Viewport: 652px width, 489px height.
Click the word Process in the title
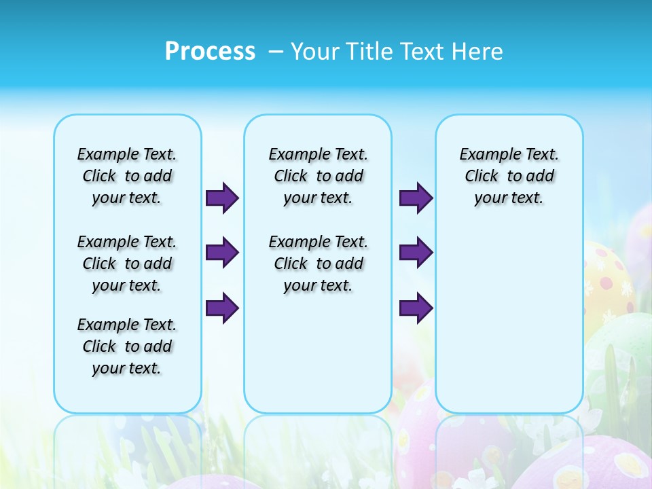[210, 51]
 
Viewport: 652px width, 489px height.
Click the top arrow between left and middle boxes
[222, 198]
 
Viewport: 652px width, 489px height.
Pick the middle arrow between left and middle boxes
[222, 253]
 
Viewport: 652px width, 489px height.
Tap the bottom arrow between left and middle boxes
[222, 308]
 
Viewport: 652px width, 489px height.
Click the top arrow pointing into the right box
[416, 198]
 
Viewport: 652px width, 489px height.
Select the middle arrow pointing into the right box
[416, 253]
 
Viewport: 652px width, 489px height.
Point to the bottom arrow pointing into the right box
[416, 308]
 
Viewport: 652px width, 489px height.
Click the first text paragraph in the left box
[127, 176]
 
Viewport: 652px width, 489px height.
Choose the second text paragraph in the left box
[127, 264]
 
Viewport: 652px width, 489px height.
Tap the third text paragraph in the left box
[127, 346]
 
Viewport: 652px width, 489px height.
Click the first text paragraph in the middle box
[318, 176]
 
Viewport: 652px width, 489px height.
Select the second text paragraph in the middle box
[318, 264]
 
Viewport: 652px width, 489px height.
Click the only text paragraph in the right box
[509, 176]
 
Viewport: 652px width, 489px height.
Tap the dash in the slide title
[276, 52]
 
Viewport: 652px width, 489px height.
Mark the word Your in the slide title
[315, 52]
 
